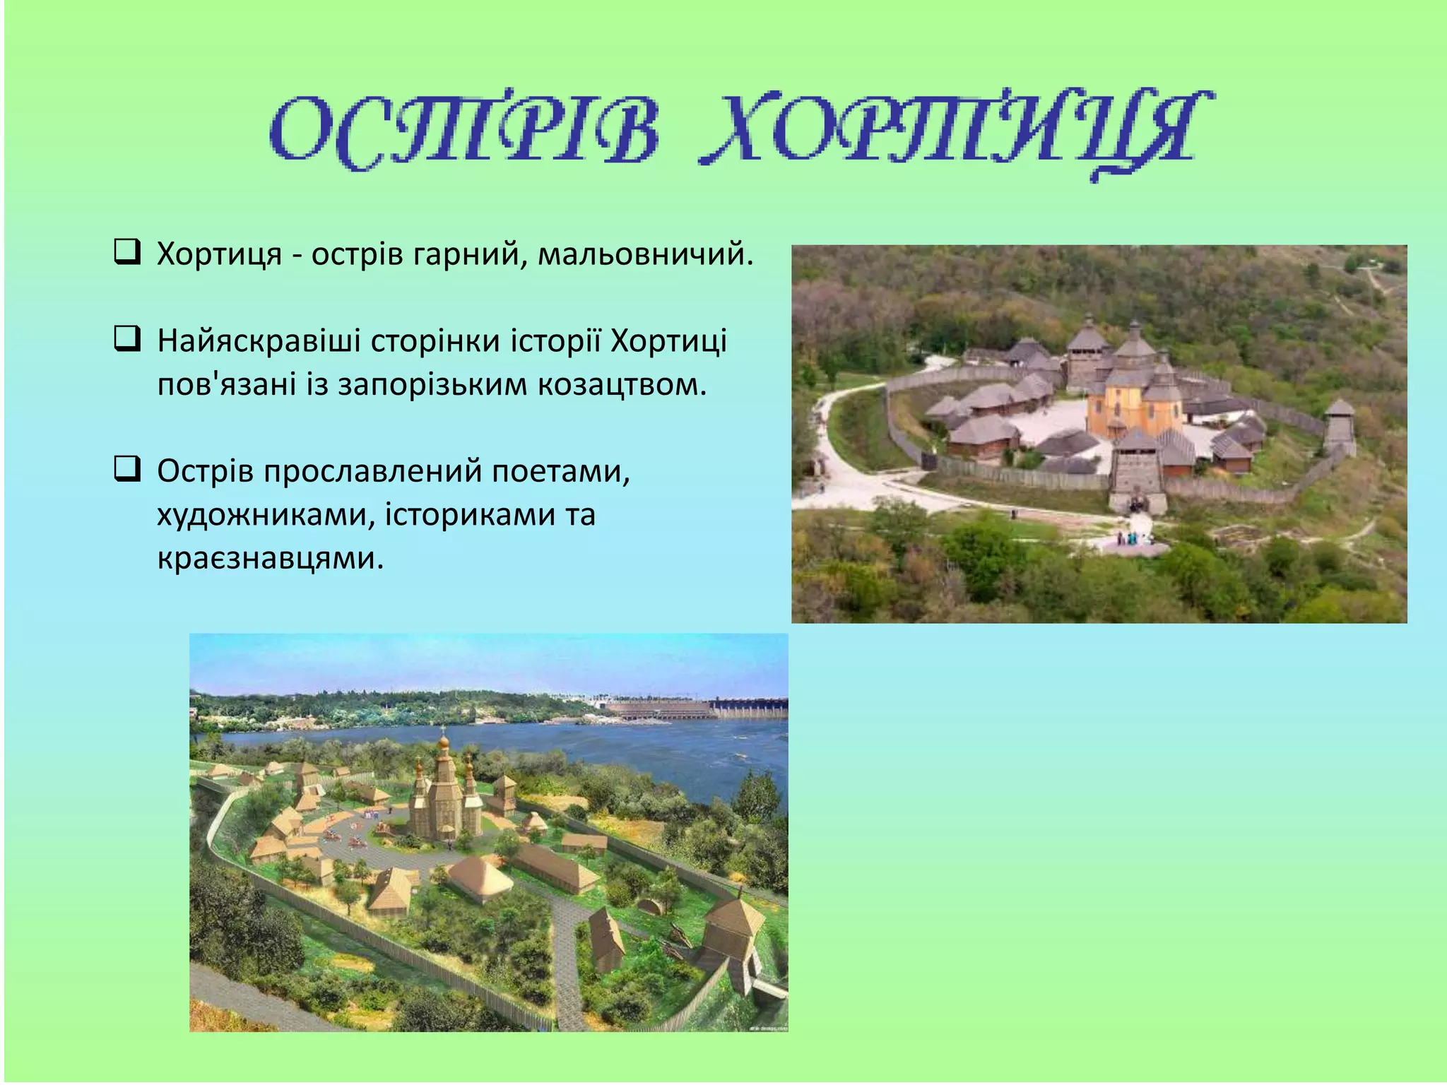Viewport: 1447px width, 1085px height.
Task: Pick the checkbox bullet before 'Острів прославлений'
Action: [126, 469]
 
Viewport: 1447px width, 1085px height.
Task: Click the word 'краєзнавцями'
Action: [270, 559]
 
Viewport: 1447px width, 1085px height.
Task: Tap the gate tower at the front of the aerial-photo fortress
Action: [1137, 470]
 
